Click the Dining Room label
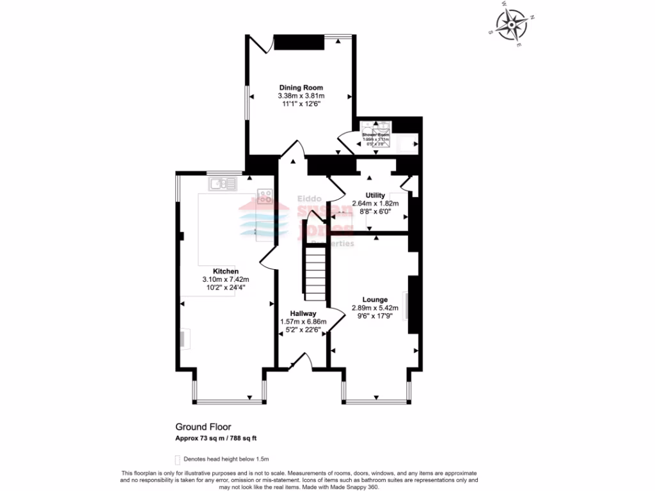(301, 88)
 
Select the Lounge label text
(375, 299)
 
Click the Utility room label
(375, 195)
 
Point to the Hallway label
(303, 313)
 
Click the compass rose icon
(512, 25)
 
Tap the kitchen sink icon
(222, 184)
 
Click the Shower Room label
(375, 135)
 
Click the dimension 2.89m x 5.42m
(375, 308)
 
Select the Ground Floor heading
(203, 426)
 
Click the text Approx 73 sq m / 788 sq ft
(216, 438)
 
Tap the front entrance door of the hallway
(301, 362)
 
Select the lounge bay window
(375, 401)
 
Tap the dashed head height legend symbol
(178, 459)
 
